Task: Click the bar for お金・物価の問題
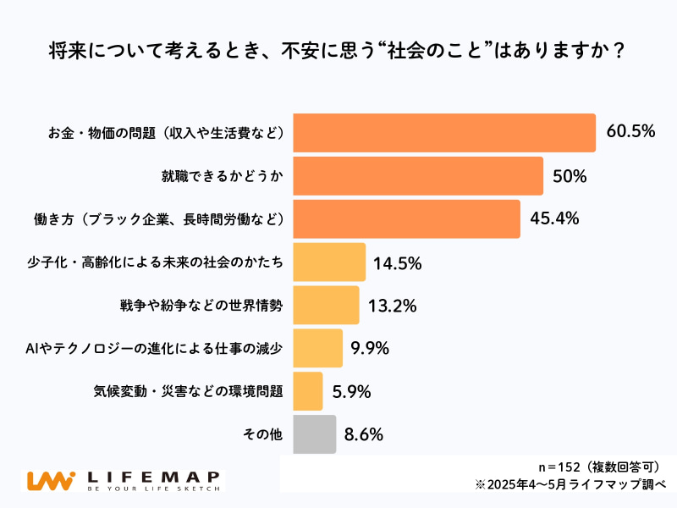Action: [444, 133]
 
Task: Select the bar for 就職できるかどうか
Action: [418, 176]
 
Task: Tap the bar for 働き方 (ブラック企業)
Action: [406, 219]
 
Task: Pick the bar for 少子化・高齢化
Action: [329, 262]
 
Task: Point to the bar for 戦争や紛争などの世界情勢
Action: [326, 306]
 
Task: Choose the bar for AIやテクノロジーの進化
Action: [317, 348]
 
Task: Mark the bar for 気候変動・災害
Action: [307, 391]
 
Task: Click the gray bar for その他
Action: [314, 434]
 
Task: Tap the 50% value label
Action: [570, 176]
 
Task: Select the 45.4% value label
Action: [554, 218]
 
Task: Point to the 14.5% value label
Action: [398, 262]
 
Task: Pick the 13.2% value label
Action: [392, 306]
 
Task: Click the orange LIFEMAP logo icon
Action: [52, 481]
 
